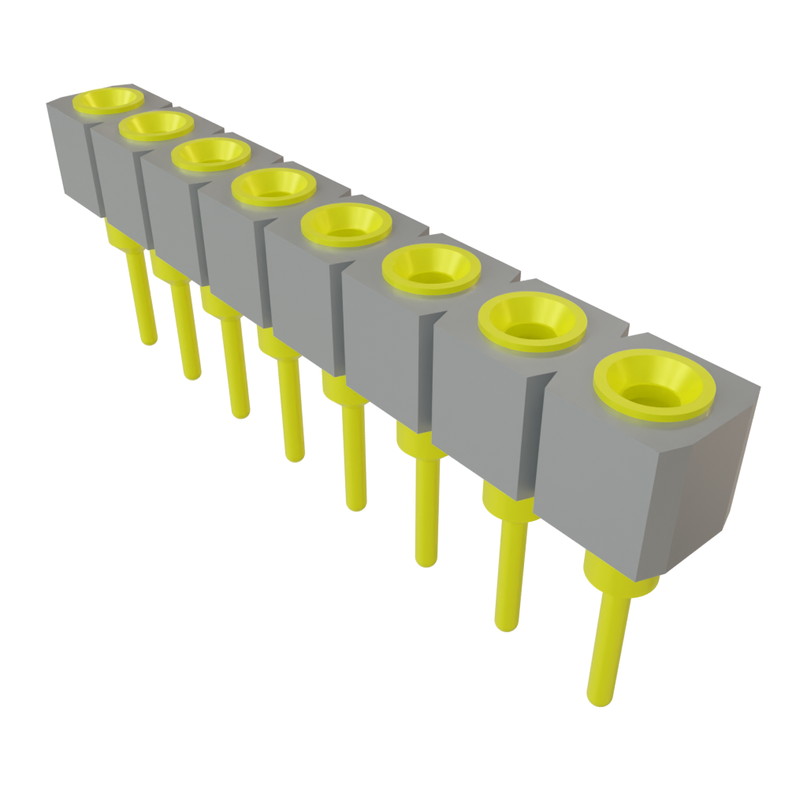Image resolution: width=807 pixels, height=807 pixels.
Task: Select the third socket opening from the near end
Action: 431,267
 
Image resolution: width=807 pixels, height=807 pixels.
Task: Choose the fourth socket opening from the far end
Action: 274,188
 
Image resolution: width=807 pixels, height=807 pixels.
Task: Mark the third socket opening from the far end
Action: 210,154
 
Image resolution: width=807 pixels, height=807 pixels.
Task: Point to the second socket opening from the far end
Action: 156,125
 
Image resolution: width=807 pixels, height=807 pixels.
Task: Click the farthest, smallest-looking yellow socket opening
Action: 108,100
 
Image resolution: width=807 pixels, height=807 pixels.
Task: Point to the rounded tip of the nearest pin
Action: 598,698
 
